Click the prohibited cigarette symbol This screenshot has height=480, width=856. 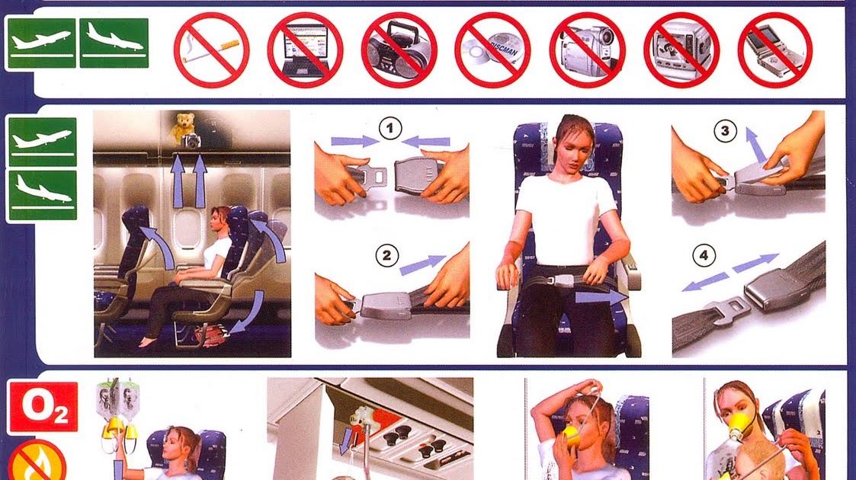[211, 50]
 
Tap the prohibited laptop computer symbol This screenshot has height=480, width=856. [305, 50]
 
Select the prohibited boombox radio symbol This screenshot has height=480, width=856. [399, 50]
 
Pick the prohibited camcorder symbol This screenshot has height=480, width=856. [587, 50]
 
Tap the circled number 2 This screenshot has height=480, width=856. [389, 256]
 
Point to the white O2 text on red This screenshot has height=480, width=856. [43, 408]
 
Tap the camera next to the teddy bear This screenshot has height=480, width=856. [194, 140]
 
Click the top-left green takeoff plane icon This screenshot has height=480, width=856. [42, 43]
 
